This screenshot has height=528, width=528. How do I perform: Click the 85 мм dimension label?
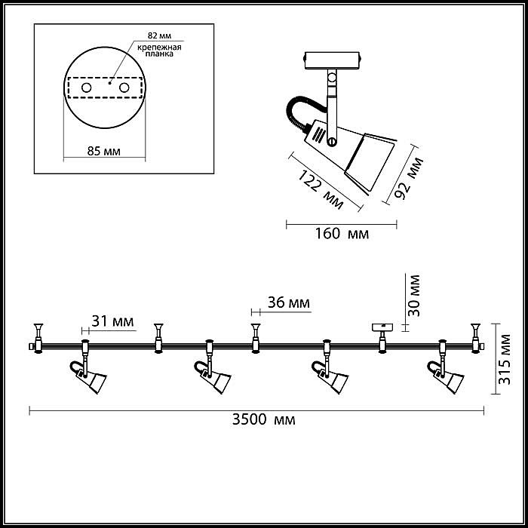coord(104,151)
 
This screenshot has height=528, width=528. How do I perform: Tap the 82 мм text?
coord(159,35)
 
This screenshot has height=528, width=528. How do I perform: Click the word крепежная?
coord(159,47)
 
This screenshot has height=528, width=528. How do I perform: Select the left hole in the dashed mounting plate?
coord(87,88)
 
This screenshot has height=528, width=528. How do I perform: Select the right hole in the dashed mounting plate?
coord(124,88)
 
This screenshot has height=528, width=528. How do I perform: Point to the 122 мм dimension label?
coord(321,190)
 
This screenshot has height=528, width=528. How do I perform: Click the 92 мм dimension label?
coord(409,178)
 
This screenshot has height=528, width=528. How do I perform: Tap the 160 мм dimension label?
coord(342,233)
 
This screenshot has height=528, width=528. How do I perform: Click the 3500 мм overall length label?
coord(264,419)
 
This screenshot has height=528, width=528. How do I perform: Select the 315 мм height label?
coord(505,359)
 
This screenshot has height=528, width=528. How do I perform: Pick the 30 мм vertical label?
coord(414,296)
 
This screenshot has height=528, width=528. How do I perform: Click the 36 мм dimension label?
coord(289,302)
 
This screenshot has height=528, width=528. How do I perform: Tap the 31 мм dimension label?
coord(112,321)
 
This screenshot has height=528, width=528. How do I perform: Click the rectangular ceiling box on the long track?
coord(382,327)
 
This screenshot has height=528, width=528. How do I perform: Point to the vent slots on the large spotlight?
coord(318,135)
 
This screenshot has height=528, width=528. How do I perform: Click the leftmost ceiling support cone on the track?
coord(38,328)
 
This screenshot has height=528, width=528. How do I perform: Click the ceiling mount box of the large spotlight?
coord(333,60)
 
